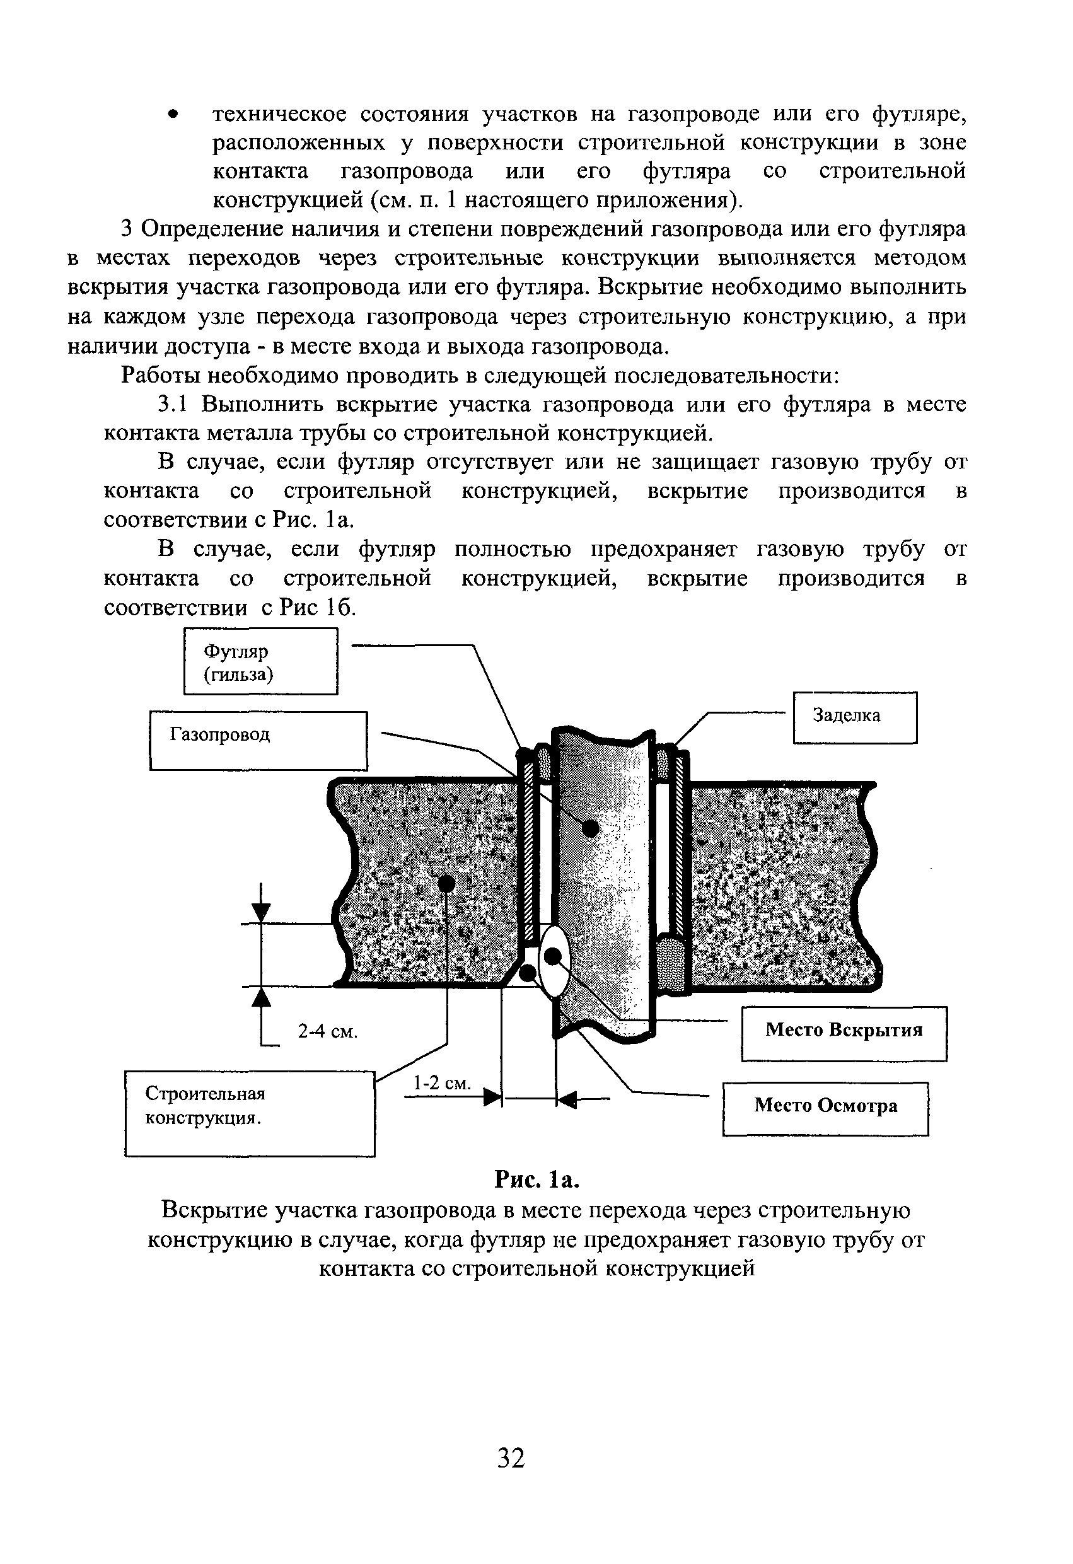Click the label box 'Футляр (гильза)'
coord(260,661)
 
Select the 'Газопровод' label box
coord(258,740)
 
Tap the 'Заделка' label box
coord(854,717)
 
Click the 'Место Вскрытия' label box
coord(844,1033)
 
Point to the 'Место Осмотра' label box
coord(825,1108)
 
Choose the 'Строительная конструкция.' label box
coord(249,1113)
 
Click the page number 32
coord(511,1457)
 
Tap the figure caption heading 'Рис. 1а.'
coord(536,1179)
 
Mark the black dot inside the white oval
coord(553,956)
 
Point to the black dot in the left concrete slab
coord(446,883)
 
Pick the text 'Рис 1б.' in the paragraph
coord(317,607)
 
